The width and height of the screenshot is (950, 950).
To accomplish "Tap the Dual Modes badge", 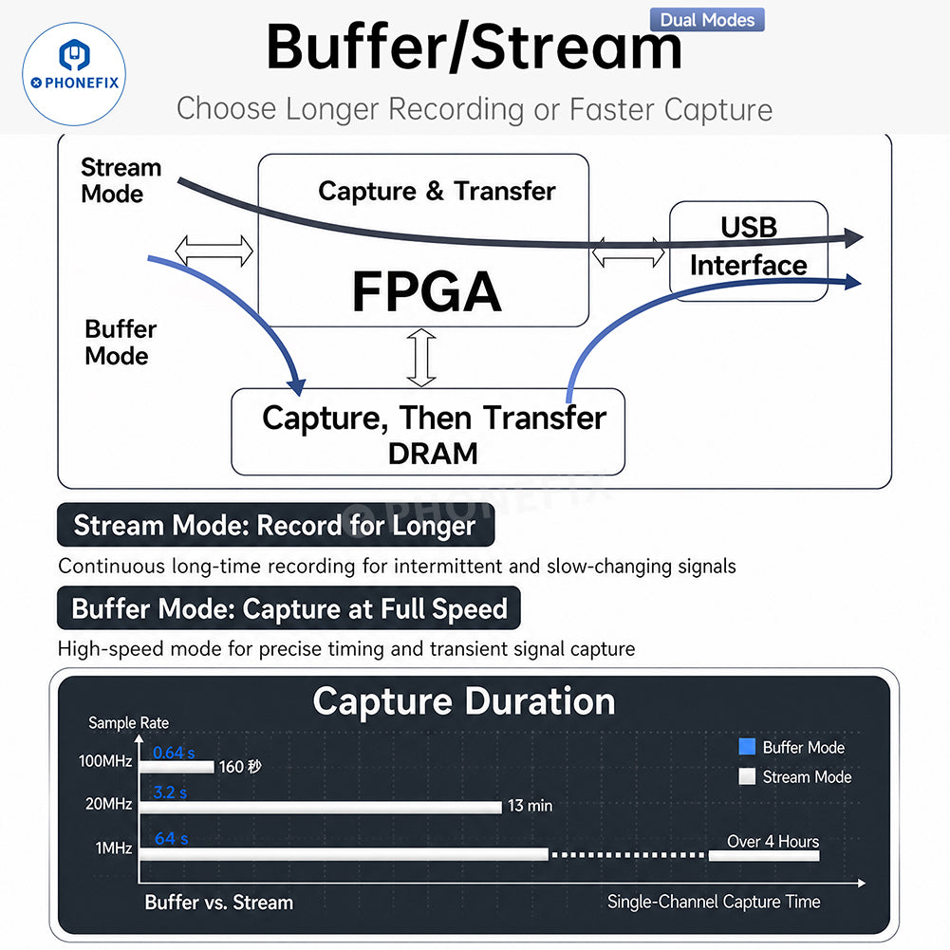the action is tap(707, 19).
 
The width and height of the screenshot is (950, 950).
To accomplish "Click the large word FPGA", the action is tap(427, 291).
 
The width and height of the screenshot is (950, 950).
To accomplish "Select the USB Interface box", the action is tap(748, 251).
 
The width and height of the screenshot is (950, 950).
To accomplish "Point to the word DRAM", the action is tap(433, 454).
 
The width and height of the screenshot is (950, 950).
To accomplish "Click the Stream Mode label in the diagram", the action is tap(121, 180).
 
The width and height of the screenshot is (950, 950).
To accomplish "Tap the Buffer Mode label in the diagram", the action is tap(120, 343).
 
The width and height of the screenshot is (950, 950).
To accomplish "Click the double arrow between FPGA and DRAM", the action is tap(421, 358).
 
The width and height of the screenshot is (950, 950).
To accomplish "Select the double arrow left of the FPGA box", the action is tap(214, 251).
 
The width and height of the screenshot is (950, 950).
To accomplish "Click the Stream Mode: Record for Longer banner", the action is tap(275, 525).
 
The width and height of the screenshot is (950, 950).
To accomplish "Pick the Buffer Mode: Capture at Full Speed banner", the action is tap(289, 608).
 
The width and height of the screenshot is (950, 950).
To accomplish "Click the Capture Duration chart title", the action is tap(464, 701).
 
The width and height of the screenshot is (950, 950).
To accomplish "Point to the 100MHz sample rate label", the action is tap(105, 761).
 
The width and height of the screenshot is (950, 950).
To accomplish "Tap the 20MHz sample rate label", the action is tap(109, 804).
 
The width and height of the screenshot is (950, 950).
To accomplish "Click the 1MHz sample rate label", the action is tap(114, 848).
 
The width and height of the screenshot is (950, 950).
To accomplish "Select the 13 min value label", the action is tap(531, 806).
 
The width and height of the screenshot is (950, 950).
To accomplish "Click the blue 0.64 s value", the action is tap(174, 753).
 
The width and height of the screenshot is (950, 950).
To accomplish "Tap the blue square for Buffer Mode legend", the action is tap(747, 747).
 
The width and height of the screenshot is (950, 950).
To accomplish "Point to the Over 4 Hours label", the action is tap(773, 842).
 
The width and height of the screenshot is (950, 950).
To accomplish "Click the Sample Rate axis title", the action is tap(128, 723).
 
